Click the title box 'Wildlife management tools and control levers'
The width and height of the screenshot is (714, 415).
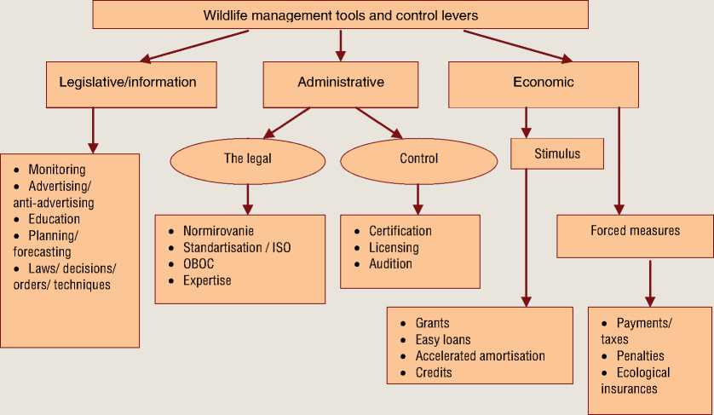tap(340, 15)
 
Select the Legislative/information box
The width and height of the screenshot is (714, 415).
tap(128, 84)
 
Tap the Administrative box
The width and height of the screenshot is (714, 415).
tap(340, 84)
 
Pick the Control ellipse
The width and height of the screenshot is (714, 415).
tap(418, 159)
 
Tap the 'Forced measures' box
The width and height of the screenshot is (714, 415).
tap(635, 231)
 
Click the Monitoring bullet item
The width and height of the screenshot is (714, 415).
tap(56, 170)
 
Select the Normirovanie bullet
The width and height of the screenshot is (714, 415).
tap(218, 232)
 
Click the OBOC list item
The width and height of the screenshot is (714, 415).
tap(199, 264)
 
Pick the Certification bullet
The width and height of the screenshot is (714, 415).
tap(400, 232)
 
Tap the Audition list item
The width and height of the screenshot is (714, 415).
tap(390, 264)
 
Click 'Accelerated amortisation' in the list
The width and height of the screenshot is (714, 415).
tap(480, 356)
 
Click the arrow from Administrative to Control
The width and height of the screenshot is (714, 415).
tap(380, 121)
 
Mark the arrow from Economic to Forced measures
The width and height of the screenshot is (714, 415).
tap(619, 158)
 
